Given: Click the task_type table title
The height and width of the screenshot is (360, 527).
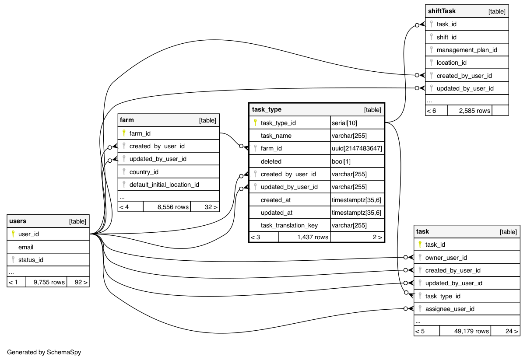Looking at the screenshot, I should pyautogui.click(x=267, y=109).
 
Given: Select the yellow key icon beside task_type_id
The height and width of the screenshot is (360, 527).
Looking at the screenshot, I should pyautogui.click(x=255, y=123).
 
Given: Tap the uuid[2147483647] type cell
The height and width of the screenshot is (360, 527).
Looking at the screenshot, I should pyautogui.click(x=357, y=149).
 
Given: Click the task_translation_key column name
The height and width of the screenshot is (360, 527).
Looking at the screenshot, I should pyautogui.click(x=289, y=226).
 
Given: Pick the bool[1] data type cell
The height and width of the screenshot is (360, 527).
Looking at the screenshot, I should pyautogui.click(x=341, y=161).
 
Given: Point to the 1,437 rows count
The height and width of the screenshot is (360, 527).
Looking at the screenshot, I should pyautogui.click(x=313, y=237).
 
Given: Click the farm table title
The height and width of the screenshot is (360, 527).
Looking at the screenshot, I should pyautogui.click(x=127, y=120).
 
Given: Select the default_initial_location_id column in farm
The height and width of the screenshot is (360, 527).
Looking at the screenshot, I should pyautogui.click(x=164, y=185).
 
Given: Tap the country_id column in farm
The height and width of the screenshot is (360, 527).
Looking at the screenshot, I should pyautogui.click(x=144, y=172).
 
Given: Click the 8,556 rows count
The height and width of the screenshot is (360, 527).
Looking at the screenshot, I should pyautogui.click(x=173, y=207).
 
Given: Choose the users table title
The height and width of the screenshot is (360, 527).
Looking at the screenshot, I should pyautogui.click(x=18, y=221).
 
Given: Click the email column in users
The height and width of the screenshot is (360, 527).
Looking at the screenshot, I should pyautogui.click(x=26, y=247).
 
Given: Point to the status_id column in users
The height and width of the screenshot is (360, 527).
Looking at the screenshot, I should pyautogui.click(x=31, y=260).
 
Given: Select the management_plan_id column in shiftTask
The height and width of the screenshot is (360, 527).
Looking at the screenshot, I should pyautogui.click(x=467, y=50).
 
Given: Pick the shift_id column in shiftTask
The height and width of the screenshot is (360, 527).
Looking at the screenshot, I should pyautogui.click(x=446, y=37).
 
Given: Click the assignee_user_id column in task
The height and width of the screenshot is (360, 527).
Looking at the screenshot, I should pyautogui.click(x=450, y=309).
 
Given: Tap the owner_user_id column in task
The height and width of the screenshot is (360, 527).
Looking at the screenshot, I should pyautogui.click(x=446, y=258).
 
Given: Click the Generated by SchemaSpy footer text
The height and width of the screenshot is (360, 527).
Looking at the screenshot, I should pyautogui.click(x=44, y=352).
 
